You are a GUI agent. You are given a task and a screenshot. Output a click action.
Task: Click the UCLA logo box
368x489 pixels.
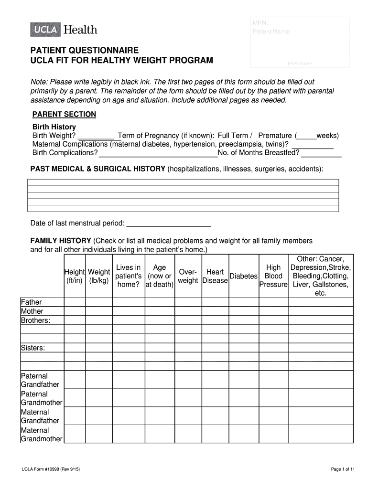pos(46,30)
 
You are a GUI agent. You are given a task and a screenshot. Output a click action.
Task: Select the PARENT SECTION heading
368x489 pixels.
pos(64,115)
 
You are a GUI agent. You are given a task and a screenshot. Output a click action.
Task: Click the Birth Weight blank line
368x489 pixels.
pos(96,136)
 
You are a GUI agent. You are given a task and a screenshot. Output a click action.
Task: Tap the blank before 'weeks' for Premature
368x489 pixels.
pos(306,136)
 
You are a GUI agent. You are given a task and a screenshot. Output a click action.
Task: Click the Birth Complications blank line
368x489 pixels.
pos(158,153)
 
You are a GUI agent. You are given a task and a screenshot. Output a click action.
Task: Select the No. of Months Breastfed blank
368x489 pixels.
pos(321,153)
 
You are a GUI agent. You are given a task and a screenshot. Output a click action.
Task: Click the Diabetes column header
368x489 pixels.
pos(244,276)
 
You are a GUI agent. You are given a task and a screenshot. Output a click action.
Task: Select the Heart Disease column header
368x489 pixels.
pos(215,276)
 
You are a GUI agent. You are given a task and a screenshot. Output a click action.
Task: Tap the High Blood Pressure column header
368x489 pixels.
pos(273,276)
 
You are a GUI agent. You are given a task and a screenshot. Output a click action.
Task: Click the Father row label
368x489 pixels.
pos(32,302)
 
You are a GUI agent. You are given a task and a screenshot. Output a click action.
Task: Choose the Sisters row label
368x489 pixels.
pos(33,348)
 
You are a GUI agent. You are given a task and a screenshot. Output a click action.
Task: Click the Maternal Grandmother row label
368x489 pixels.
pos(42,434)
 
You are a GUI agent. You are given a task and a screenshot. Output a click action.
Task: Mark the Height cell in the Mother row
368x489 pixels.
pos(75,311)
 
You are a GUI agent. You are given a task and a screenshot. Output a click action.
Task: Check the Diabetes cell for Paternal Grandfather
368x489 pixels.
pos(244,380)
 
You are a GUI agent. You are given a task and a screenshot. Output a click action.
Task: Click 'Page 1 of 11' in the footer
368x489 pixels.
pos(343,469)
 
